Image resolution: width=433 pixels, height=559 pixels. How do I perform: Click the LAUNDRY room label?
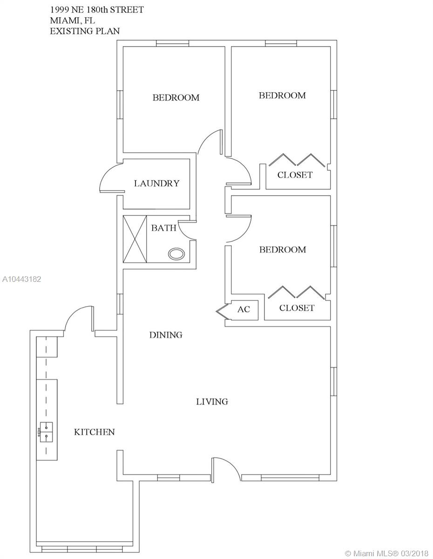(x=156, y=184)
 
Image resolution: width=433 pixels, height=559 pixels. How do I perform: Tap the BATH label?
(x=163, y=228)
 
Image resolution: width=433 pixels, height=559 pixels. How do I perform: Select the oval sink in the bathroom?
(x=176, y=254)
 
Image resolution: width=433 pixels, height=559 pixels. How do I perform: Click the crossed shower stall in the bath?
(x=135, y=239)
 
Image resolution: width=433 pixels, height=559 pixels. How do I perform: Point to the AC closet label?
(x=244, y=309)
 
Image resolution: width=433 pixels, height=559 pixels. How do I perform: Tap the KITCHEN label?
(x=95, y=432)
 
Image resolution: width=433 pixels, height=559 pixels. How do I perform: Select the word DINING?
(x=166, y=334)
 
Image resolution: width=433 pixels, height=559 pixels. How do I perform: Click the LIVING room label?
(x=212, y=402)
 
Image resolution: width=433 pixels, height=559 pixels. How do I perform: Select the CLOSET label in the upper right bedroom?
(x=295, y=175)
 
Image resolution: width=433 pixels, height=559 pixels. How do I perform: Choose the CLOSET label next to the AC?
(x=297, y=308)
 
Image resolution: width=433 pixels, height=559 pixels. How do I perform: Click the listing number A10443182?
(x=21, y=279)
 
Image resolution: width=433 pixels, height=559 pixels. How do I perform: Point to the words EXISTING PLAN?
(x=85, y=31)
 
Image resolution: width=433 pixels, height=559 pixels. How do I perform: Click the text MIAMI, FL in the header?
(x=72, y=20)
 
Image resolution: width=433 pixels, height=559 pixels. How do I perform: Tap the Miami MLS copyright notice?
(x=386, y=553)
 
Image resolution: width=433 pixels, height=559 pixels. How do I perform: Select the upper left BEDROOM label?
(x=176, y=97)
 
